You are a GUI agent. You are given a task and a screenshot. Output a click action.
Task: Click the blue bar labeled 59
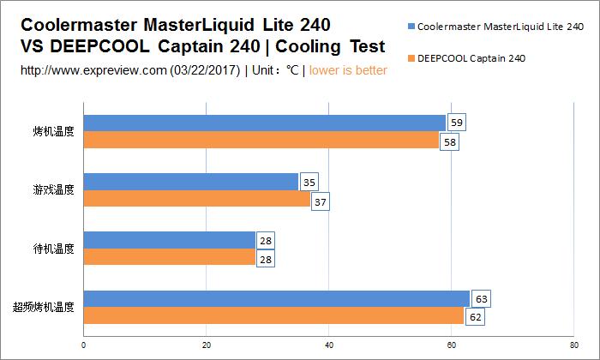tap(264, 123)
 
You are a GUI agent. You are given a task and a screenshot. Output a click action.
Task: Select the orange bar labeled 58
tap(261, 140)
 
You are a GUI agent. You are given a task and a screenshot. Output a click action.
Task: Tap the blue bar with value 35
tap(190, 182)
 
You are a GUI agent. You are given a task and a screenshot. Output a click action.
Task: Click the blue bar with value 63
tap(276, 298)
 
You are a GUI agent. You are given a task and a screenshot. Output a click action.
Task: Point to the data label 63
tap(481, 299)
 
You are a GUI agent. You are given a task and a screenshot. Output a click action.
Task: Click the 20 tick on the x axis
tap(206, 346)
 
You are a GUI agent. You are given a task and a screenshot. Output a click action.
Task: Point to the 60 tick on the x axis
tap(452, 346)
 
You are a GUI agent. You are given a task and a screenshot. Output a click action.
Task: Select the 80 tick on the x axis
tap(574, 346)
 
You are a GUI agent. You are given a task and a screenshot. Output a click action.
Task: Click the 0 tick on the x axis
tap(83, 346)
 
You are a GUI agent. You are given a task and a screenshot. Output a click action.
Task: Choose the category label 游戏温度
tap(54, 189)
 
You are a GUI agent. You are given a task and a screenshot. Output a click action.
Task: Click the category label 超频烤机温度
tap(44, 306)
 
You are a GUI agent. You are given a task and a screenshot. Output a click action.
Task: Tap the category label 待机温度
tap(54, 249)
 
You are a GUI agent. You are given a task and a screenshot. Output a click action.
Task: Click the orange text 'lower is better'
tap(348, 70)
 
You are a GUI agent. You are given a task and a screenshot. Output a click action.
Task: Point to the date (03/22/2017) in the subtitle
tap(207, 70)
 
